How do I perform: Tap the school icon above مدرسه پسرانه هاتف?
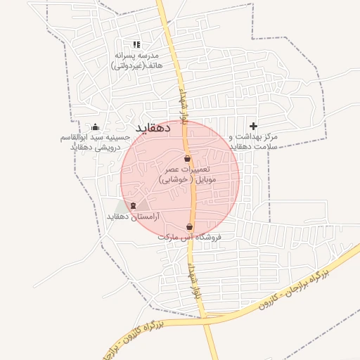pos(136,44)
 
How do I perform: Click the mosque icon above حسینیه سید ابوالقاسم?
pos(96,127)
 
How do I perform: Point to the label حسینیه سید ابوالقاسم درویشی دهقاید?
pos(96,142)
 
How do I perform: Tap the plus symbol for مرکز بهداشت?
pos(253,126)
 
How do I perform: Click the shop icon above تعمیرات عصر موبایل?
pos(187,159)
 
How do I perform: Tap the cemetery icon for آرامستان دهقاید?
pos(133,205)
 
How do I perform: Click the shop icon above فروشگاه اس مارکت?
pos(190,226)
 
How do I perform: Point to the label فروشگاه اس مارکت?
pos(190,238)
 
